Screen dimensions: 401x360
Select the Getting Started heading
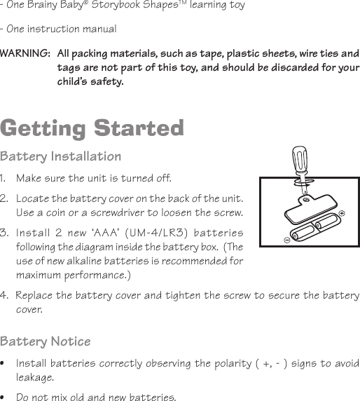pyautogui.click(x=92, y=128)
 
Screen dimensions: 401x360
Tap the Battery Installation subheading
pyautogui.click(x=61, y=156)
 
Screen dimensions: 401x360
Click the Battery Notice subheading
pyautogui.click(x=46, y=341)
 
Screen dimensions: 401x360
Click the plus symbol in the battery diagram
pyautogui.click(x=342, y=212)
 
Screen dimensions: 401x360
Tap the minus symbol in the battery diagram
pyautogui.click(x=287, y=239)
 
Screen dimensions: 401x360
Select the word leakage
pyautogui.click(x=34, y=378)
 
